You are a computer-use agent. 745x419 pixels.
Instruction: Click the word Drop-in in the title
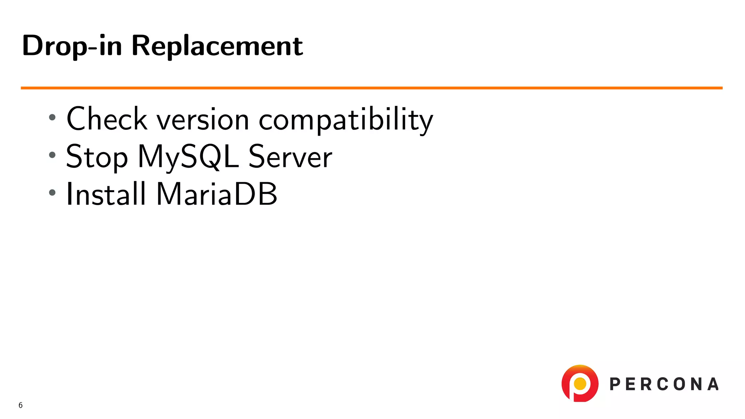(72, 46)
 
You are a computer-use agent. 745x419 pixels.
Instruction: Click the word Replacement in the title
(217, 46)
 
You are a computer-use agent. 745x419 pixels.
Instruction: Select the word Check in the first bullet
(107, 119)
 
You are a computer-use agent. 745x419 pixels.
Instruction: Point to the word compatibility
(346, 120)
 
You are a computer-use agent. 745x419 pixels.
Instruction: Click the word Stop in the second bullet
(97, 157)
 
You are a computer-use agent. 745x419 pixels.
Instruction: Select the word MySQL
(188, 157)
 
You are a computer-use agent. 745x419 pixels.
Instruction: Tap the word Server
(290, 157)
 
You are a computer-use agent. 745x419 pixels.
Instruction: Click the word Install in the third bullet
(106, 194)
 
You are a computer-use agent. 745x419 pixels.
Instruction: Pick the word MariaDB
(217, 194)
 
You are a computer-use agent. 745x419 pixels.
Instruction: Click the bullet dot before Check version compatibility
(52, 117)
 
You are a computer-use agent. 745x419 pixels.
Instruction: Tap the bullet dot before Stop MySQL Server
(52, 155)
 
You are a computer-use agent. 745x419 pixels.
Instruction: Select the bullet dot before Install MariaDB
(52, 192)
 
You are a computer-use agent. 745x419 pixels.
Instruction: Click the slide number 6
(20, 405)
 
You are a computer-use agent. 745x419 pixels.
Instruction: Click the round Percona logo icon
(580, 383)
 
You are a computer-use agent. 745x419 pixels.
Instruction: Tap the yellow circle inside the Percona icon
(580, 383)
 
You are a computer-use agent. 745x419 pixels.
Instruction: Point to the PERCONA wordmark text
(664, 384)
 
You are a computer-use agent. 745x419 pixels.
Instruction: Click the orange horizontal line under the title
(371, 88)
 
